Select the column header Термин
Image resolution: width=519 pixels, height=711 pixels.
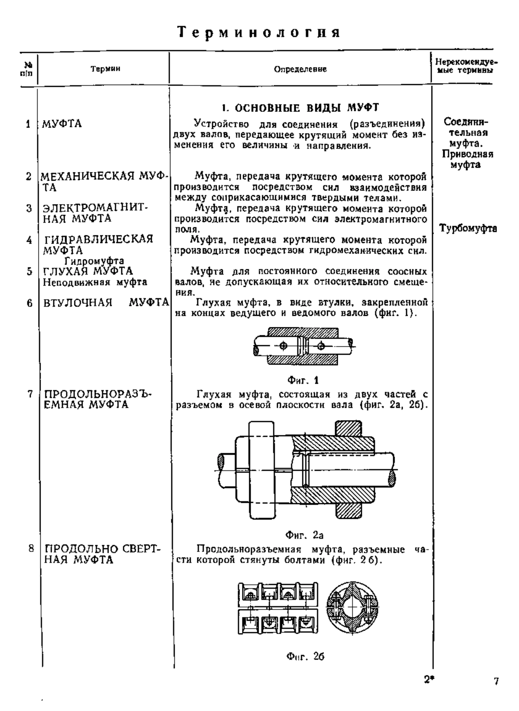tap(106, 69)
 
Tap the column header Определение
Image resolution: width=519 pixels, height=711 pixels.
tap(301, 69)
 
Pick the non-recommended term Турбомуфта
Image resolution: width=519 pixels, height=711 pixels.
tap(468, 229)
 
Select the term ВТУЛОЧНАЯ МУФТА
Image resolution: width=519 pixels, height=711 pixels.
tap(106, 303)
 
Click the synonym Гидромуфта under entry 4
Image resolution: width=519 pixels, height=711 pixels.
tap(94, 261)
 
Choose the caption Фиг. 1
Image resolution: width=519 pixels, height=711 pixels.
tap(303, 381)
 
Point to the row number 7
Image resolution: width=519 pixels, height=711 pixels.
tap(30, 394)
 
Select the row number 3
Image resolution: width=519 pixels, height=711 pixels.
tap(29, 208)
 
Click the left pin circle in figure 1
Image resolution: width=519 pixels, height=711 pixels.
tap(283, 346)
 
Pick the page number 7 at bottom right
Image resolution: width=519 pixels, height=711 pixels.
tap(496, 682)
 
